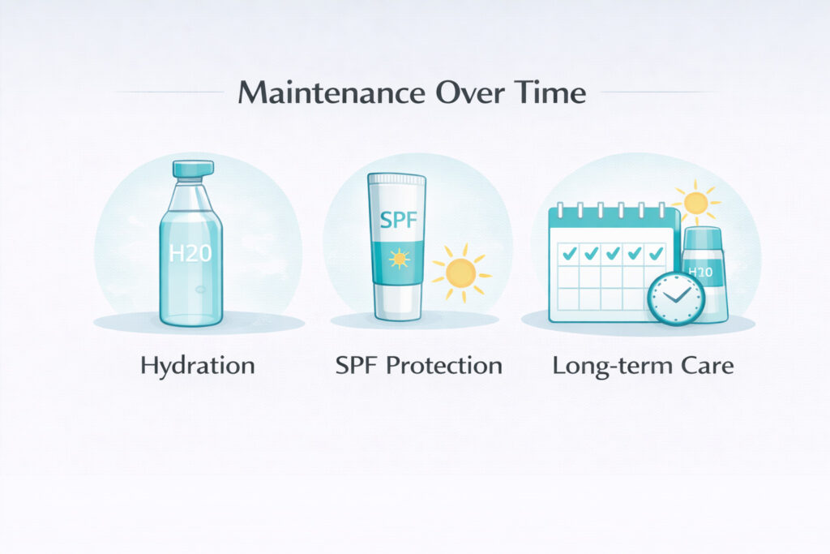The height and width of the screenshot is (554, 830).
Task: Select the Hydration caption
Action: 198,366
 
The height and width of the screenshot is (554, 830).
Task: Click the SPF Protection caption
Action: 418,366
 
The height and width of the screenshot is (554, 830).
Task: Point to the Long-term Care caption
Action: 643,366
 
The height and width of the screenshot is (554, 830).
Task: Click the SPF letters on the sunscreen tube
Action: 397,220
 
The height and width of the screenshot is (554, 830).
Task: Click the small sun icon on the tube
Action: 397,259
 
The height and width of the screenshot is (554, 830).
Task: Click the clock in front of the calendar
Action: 676,297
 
